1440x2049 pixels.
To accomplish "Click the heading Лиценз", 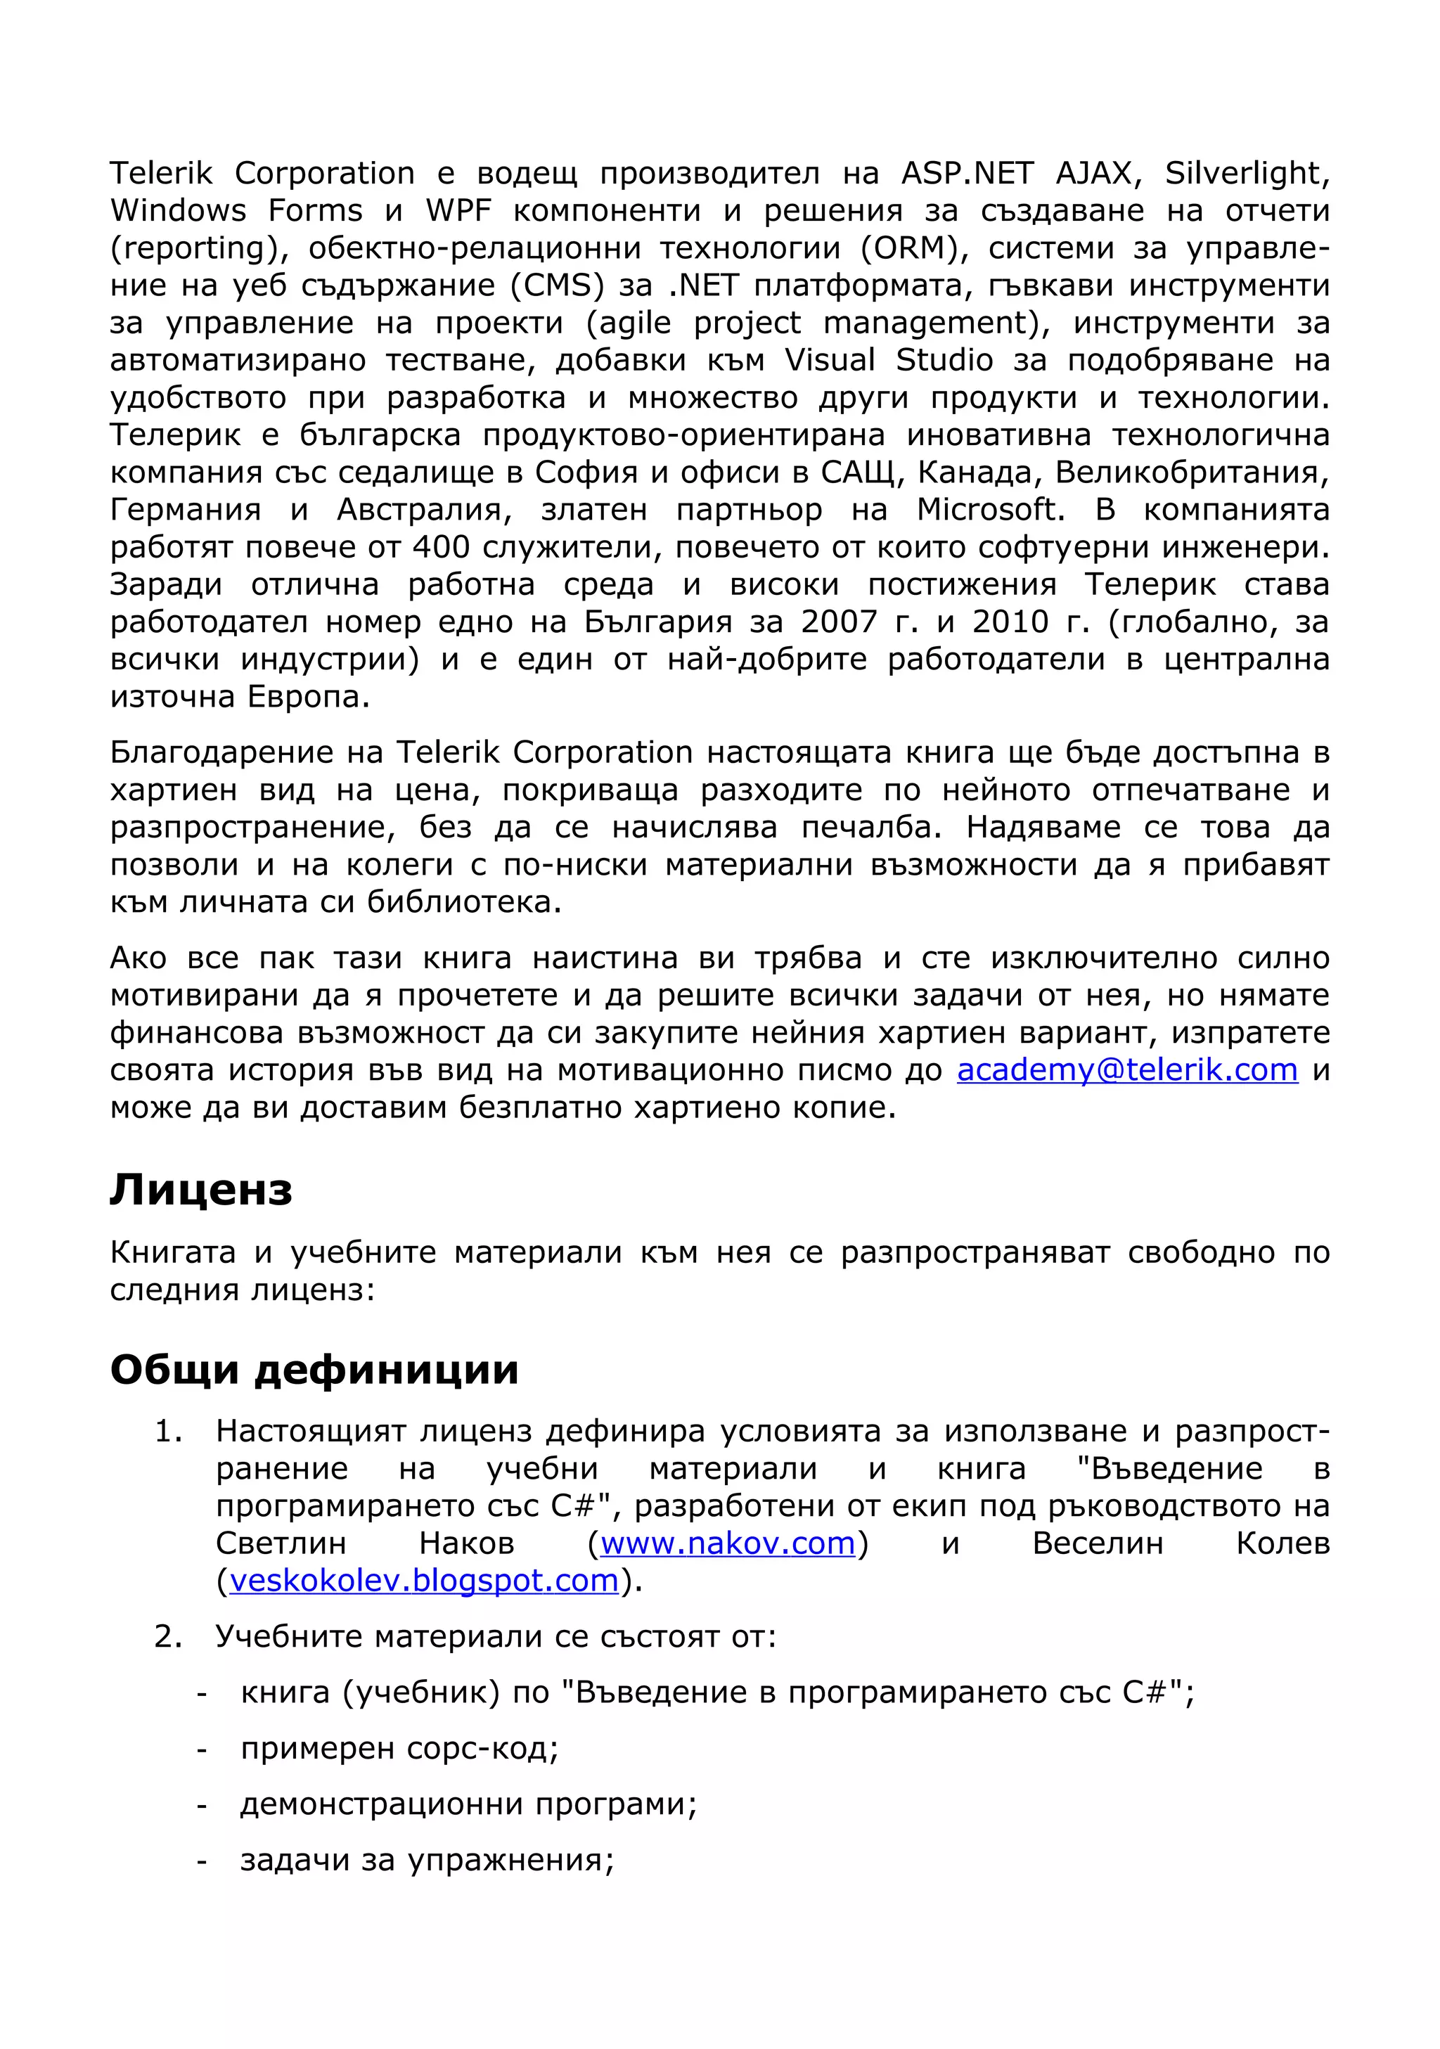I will (201, 1190).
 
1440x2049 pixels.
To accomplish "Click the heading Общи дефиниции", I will (314, 1369).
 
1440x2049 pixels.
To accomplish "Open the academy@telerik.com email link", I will (1127, 1069).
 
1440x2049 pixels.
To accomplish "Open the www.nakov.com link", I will (727, 1543).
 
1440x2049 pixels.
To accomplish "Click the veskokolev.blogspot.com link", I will (424, 1581).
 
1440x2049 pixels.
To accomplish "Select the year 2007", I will (839, 622).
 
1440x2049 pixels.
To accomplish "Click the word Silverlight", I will (1247, 173).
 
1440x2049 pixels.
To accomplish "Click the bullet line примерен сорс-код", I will (399, 1748).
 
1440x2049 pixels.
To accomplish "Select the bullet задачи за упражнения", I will (427, 1861).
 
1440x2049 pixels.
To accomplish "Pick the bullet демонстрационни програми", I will (468, 1804).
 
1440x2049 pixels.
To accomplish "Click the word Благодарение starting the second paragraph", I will (220, 753).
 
